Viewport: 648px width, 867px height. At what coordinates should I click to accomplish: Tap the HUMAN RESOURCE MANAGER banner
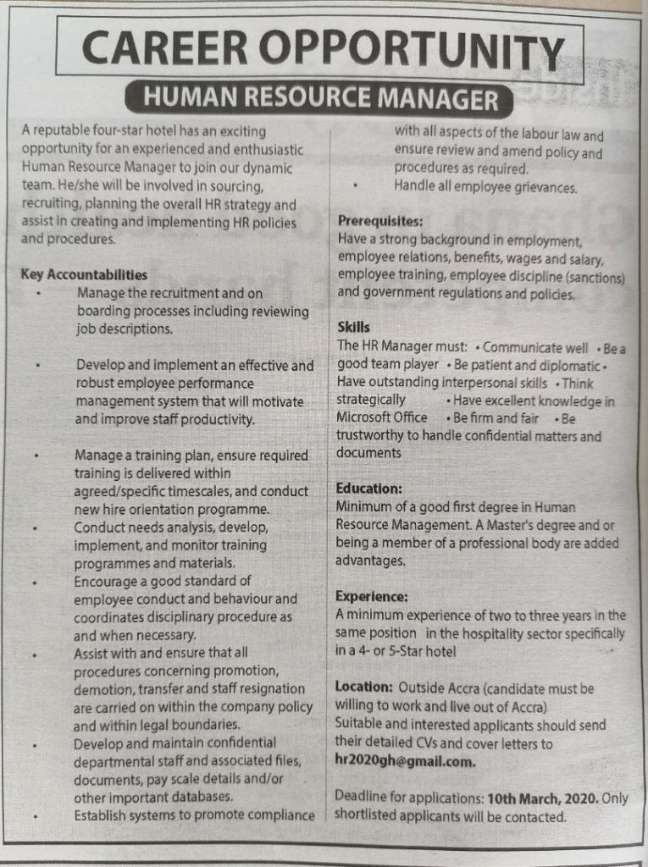pyautogui.click(x=319, y=101)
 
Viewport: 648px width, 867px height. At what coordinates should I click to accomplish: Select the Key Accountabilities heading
pyautogui.click(x=84, y=275)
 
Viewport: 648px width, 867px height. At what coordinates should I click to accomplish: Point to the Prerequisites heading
pyautogui.click(x=380, y=222)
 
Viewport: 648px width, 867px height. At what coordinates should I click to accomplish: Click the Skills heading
pyautogui.click(x=353, y=327)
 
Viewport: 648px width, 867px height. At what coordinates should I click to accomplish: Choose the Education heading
pyautogui.click(x=368, y=489)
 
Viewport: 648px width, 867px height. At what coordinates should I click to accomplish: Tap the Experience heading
pyautogui.click(x=372, y=596)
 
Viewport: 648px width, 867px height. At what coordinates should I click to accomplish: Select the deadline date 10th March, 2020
pyautogui.click(x=543, y=798)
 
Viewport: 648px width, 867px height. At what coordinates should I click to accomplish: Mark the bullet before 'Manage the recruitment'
pyautogui.click(x=39, y=293)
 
